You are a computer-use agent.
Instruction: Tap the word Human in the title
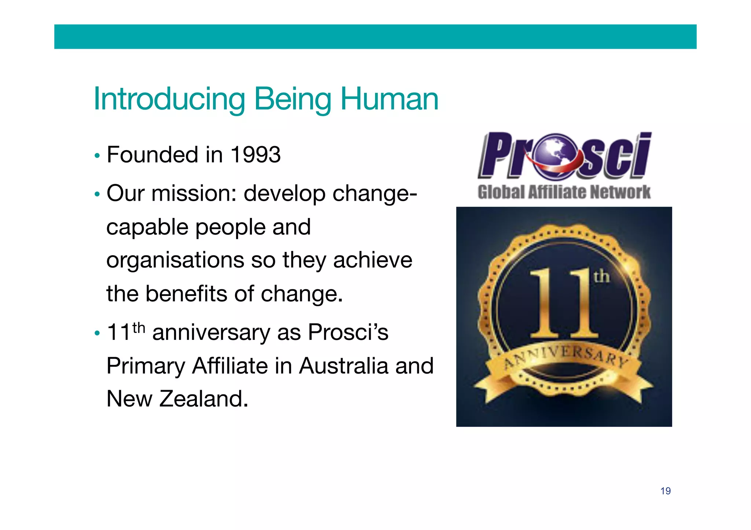[x=389, y=99]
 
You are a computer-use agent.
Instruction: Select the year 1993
[x=256, y=155]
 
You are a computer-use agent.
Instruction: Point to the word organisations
[x=175, y=260]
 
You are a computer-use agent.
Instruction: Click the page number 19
[x=666, y=491]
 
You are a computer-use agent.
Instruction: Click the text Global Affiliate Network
[x=564, y=192]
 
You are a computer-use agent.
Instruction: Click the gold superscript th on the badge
[x=601, y=277]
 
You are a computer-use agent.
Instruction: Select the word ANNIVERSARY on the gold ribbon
[x=564, y=357]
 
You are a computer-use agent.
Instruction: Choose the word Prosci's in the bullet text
[x=348, y=333]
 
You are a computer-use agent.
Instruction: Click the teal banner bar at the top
[x=375, y=37]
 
